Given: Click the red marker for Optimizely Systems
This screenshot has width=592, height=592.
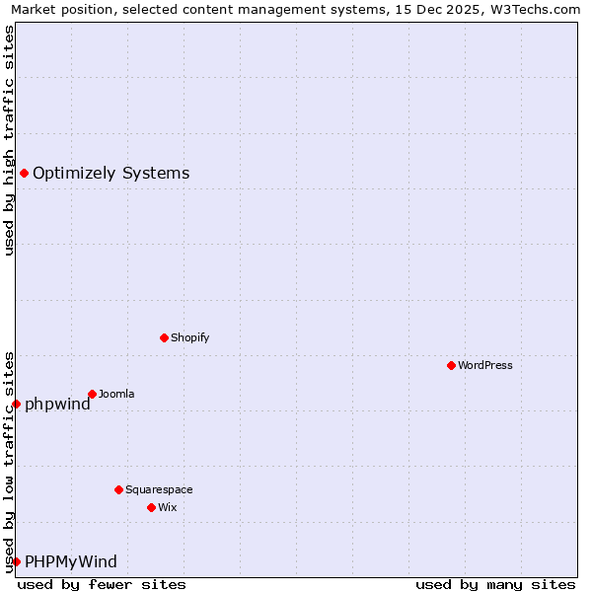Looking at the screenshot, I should tap(24, 174).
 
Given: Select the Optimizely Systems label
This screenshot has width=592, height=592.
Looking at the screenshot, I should tap(111, 174).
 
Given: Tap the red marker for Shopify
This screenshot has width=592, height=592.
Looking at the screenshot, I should tap(164, 337).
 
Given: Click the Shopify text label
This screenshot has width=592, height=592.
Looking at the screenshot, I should tap(189, 337).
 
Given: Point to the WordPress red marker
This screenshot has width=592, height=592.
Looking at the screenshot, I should tap(451, 365).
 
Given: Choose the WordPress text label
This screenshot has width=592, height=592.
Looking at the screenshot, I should tap(484, 365).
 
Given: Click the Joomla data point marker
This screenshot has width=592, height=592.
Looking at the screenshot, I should tap(92, 394).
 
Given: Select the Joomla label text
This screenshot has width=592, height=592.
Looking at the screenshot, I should tap(116, 394).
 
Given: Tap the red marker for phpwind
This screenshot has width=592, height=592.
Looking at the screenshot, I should tap(16, 404).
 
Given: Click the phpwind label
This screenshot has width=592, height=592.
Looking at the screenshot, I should tap(57, 404).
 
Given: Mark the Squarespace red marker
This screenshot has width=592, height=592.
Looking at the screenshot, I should tap(118, 489).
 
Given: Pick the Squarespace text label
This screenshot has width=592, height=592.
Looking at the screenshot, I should tap(159, 489).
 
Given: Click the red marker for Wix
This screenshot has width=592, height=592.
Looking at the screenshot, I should tap(151, 507).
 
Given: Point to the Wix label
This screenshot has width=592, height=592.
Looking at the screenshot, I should tap(167, 507).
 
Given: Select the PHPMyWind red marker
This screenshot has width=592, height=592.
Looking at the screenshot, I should tap(16, 561).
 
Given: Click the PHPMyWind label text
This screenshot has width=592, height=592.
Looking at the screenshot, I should tap(70, 561).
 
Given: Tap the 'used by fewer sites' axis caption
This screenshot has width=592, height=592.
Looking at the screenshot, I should tap(102, 584).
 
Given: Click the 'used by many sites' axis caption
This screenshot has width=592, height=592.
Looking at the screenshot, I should tap(495, 584).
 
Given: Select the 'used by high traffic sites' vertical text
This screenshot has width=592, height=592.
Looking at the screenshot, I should tap(9, 140).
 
